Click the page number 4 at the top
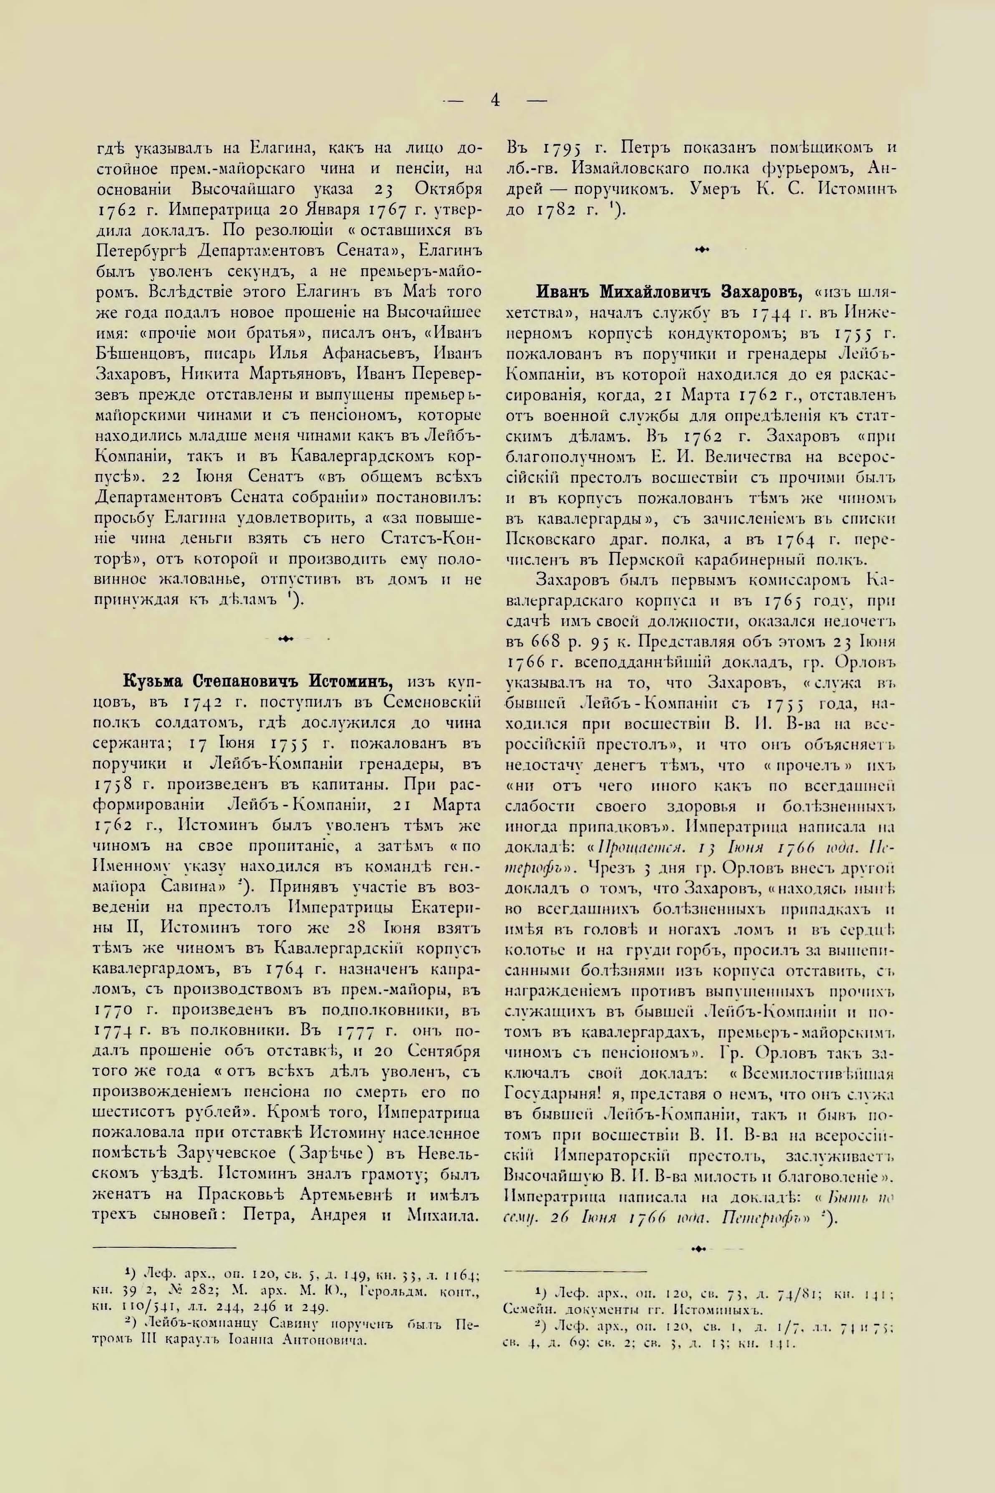point(496,100)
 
